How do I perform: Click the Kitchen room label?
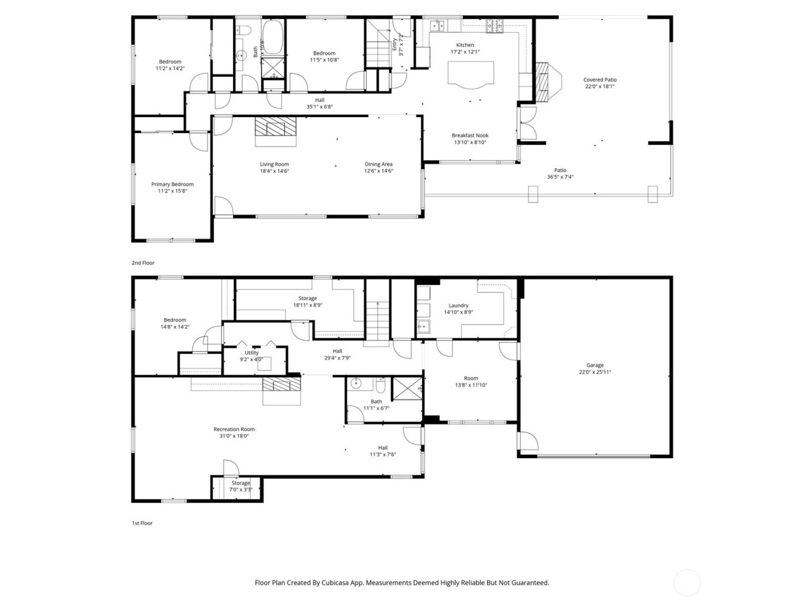(x=465, y=45)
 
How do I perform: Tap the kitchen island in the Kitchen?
(x=471, y=74)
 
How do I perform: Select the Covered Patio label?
(x=600, y=80)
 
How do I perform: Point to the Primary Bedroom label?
(x=172, y=184)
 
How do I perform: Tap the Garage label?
(x=595, y=365)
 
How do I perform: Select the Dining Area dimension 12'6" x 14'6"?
(x=378, y=171)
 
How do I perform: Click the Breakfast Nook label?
(x=470, y=136)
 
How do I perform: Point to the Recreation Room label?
(x=234, y=429)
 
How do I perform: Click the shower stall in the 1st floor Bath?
(x=407, y=389)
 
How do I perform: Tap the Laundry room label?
(x=458, y=306)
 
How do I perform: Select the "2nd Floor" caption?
(x=143, y=263)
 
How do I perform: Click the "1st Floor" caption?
(x=142, y=523)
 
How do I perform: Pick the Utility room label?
(x=252, y=353)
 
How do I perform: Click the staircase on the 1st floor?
(x=377, y=322)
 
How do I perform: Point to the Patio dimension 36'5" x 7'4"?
(x=560, y=177)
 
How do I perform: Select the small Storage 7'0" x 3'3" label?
(x=241, y=483)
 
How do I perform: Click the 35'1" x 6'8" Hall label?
(x=319, y=107)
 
